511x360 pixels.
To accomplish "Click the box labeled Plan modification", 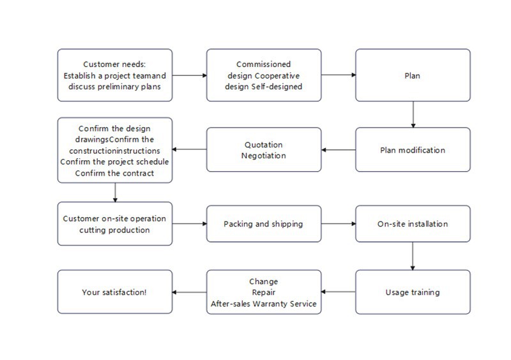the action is (x=413, y=149).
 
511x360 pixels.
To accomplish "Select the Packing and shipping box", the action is (x=264, y=224).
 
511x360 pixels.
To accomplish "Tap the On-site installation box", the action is (x=413, y=224).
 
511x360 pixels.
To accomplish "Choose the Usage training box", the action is (x=413, y=292).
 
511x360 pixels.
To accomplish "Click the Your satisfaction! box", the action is (x=115, y=292).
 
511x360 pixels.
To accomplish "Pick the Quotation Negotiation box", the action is (x=264, y=149).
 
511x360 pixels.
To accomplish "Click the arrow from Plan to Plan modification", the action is (x=413, y=114).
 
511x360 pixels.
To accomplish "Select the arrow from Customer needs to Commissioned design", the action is (x=190, y=75).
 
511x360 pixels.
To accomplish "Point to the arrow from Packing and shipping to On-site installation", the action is (x=339, y=224).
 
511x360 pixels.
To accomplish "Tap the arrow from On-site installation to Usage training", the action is (x=413, y=256).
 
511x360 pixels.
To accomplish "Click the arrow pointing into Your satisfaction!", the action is (x=189, y=292).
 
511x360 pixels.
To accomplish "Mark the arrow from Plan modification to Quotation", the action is (x=339, y=150).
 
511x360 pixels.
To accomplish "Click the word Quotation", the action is (x=264, y=145).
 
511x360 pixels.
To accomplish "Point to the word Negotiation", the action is (x=264, y=156).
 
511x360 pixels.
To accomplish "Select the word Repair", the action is (x=264, y=292).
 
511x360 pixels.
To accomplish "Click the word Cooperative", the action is (x=277, y=75).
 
